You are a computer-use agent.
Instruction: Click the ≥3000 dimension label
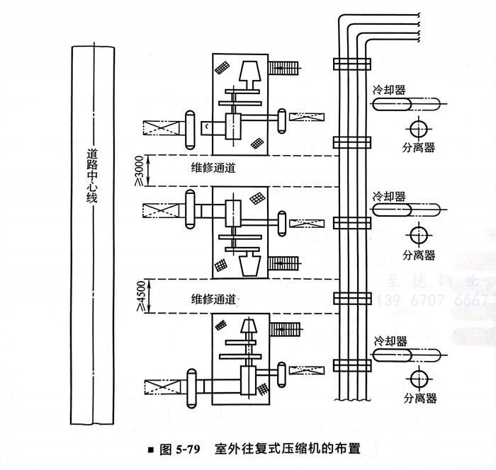[x=138, y=171]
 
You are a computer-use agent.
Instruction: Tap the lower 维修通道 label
[x=213, y=297]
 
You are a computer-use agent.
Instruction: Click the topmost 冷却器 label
[x=390, y=91]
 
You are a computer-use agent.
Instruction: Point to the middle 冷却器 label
[x=390, y=196]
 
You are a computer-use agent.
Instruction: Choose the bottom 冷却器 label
[x=390, y=340]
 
